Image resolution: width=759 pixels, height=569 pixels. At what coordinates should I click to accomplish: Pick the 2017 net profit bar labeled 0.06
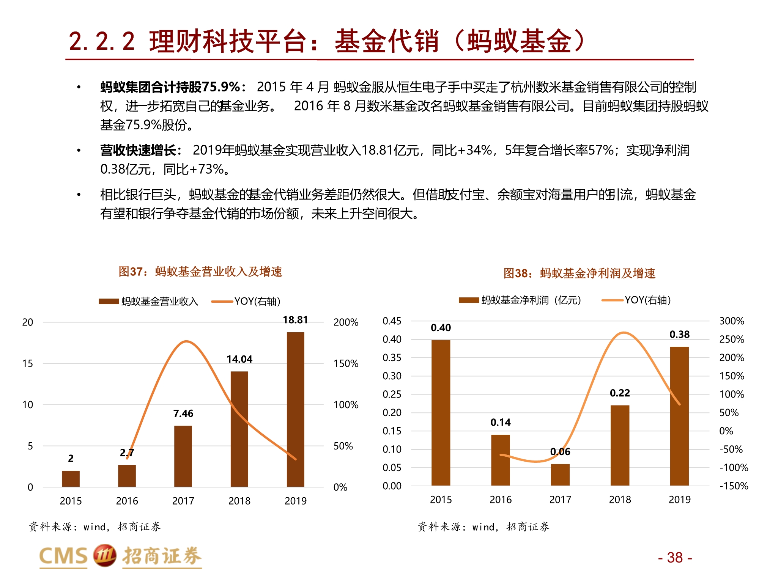tap(560, 475)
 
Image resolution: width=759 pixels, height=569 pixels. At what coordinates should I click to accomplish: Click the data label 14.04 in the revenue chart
tap(239, 359)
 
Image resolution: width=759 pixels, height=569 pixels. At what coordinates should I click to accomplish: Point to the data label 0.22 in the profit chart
tap(620, 393)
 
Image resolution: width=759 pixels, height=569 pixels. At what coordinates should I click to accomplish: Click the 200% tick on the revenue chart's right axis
tap(346, 322)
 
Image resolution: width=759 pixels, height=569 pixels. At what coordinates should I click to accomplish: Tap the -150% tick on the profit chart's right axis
tap(733, 486)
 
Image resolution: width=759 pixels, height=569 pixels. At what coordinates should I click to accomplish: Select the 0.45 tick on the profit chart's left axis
tap(392, 321)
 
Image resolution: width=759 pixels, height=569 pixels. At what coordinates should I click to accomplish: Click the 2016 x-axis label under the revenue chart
tap(127, 501)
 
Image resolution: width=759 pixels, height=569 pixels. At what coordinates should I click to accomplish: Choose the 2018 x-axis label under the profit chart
tap(620, 500)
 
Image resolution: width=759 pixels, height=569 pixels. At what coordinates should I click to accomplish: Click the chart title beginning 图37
tap(200, 272)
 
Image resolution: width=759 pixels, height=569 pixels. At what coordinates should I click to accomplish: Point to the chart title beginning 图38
tap(579, 273)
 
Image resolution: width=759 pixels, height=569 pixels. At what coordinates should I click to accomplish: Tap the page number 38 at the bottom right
tap(675, 558)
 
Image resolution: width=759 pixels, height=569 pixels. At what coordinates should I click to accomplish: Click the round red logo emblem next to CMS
tap(104, 556)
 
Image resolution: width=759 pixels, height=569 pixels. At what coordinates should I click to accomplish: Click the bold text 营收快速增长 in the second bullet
tap(137, 151)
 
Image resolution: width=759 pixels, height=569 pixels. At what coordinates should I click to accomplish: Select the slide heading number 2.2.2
tap(102, 41)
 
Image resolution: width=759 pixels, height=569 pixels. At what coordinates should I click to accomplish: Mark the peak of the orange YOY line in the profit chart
tap(624, 333)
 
